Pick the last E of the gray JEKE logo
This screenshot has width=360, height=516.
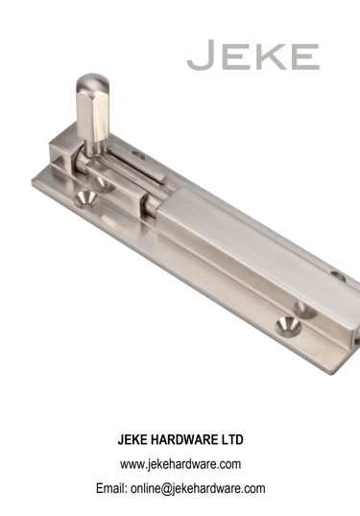tap(304, 57)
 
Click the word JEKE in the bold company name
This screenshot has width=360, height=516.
tap(132, 439)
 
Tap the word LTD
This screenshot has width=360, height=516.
tap(231, 439)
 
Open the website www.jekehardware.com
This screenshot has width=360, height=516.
tap(180, 464)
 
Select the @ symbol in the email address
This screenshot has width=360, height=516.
tap(167, 489)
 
